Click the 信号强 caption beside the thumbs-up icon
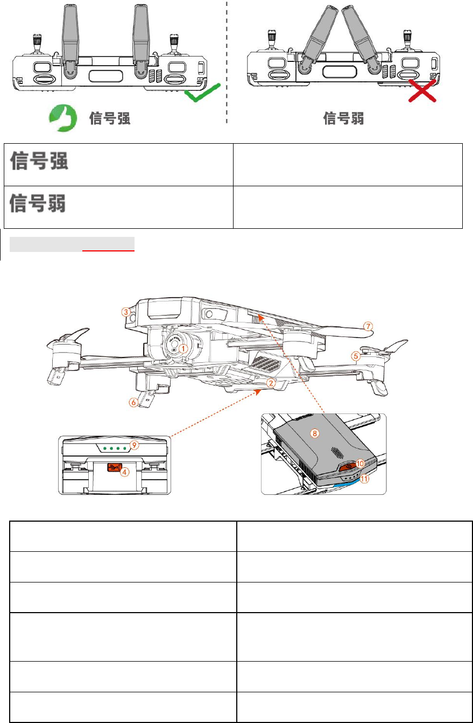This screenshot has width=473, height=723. tap(109, 118)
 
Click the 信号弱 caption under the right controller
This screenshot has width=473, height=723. tap(343, 118)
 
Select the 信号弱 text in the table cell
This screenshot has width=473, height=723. tap(38, 204)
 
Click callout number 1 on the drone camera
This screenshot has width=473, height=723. tap(183, 348)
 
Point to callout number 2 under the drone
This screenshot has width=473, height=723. tap(272, 383)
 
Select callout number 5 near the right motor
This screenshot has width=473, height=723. tap(356, 355)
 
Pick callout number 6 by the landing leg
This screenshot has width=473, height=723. tap(133, 402)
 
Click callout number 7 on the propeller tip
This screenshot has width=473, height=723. tap(368, 326)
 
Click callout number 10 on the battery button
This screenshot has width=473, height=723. tap(360, 463)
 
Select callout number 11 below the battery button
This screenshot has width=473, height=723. tap(365, 478)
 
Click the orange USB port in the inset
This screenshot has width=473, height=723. tap(113, 468)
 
